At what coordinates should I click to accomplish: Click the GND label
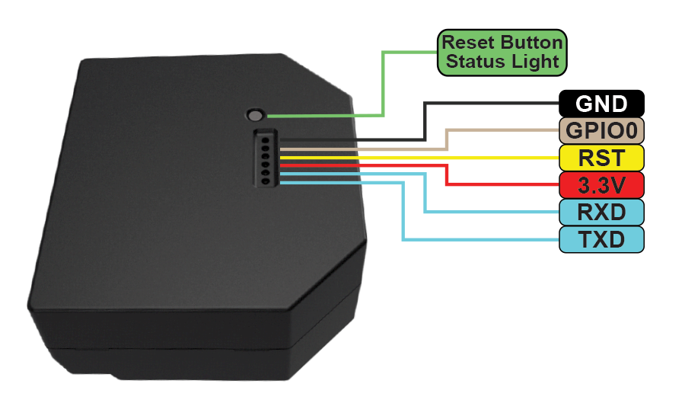(x=601, y=104)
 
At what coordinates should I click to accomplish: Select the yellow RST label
(x=601, y=158)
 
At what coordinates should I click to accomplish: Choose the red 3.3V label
(x=601, y=184)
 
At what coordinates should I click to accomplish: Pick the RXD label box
(x=601, y=211)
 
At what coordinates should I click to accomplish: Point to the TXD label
(x=601, y=239)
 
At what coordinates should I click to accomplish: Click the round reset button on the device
(x=256, y=115)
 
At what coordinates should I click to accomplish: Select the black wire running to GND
(x=424, y=122)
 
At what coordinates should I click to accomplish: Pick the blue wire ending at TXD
(x=402, y=213)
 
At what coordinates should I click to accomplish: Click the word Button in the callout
(x=530, y=42)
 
